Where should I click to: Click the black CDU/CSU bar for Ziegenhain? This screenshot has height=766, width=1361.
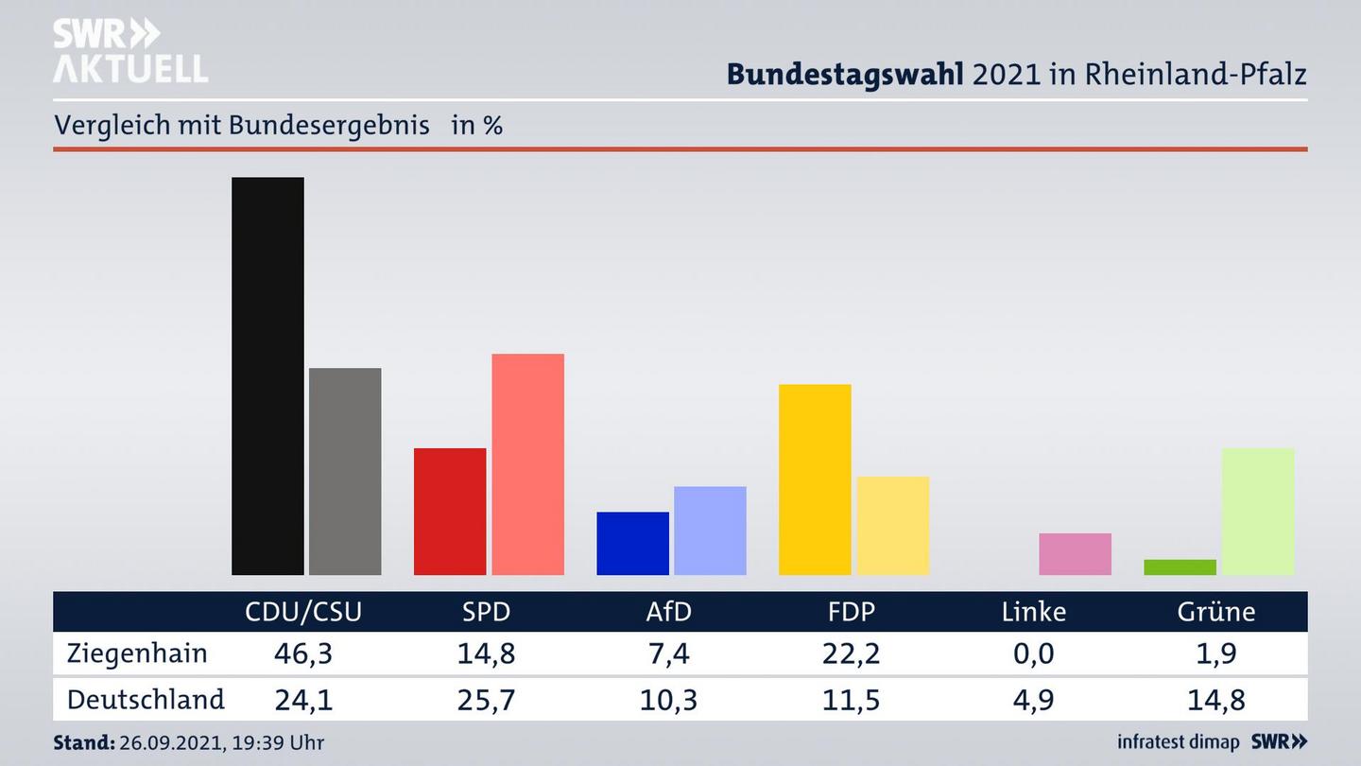[267, 375]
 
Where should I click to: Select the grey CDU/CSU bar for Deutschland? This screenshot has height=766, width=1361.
[345, 471]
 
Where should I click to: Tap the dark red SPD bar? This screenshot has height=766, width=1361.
[450, 511]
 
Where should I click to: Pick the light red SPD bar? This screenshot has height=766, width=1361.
[527, 463]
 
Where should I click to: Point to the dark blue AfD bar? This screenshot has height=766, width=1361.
[632, 543]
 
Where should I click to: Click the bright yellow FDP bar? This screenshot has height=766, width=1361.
[815, 479]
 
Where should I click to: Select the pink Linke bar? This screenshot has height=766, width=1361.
[1075, 553]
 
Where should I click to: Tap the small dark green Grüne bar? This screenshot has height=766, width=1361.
[1180, 566]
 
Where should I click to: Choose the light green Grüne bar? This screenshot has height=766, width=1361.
[1257, 511]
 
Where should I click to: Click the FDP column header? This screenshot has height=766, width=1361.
[851, 612]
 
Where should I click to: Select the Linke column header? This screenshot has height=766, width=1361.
[1034, 612]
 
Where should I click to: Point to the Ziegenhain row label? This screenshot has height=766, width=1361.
[137, 653]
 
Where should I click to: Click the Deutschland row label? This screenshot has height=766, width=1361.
[146, 700]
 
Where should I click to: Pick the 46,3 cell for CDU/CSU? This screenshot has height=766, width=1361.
[303, 653]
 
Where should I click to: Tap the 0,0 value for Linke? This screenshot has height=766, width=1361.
[1034, 653]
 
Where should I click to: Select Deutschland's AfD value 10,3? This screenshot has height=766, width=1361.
[668, 700]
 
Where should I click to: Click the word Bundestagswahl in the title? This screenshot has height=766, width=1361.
[845, 74]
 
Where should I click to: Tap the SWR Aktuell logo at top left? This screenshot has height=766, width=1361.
[129, 51]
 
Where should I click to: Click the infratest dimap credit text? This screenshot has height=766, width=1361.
[1179, 742]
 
